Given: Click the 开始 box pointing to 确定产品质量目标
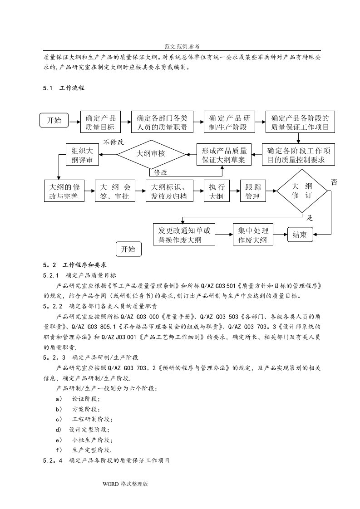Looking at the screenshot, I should [54, 121].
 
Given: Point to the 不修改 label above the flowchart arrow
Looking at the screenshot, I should [113, 142].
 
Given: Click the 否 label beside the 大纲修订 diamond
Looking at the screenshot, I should [334, 182].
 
